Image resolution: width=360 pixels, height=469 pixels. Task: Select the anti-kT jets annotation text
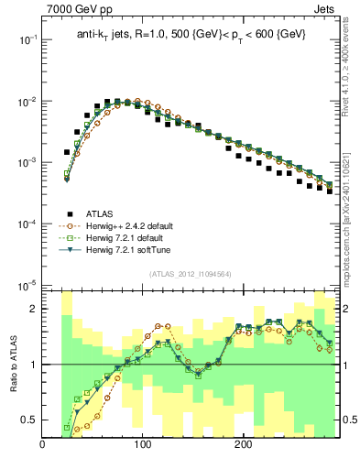click(191, 34)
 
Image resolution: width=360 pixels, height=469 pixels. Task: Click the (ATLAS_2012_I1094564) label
click(191, 272)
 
